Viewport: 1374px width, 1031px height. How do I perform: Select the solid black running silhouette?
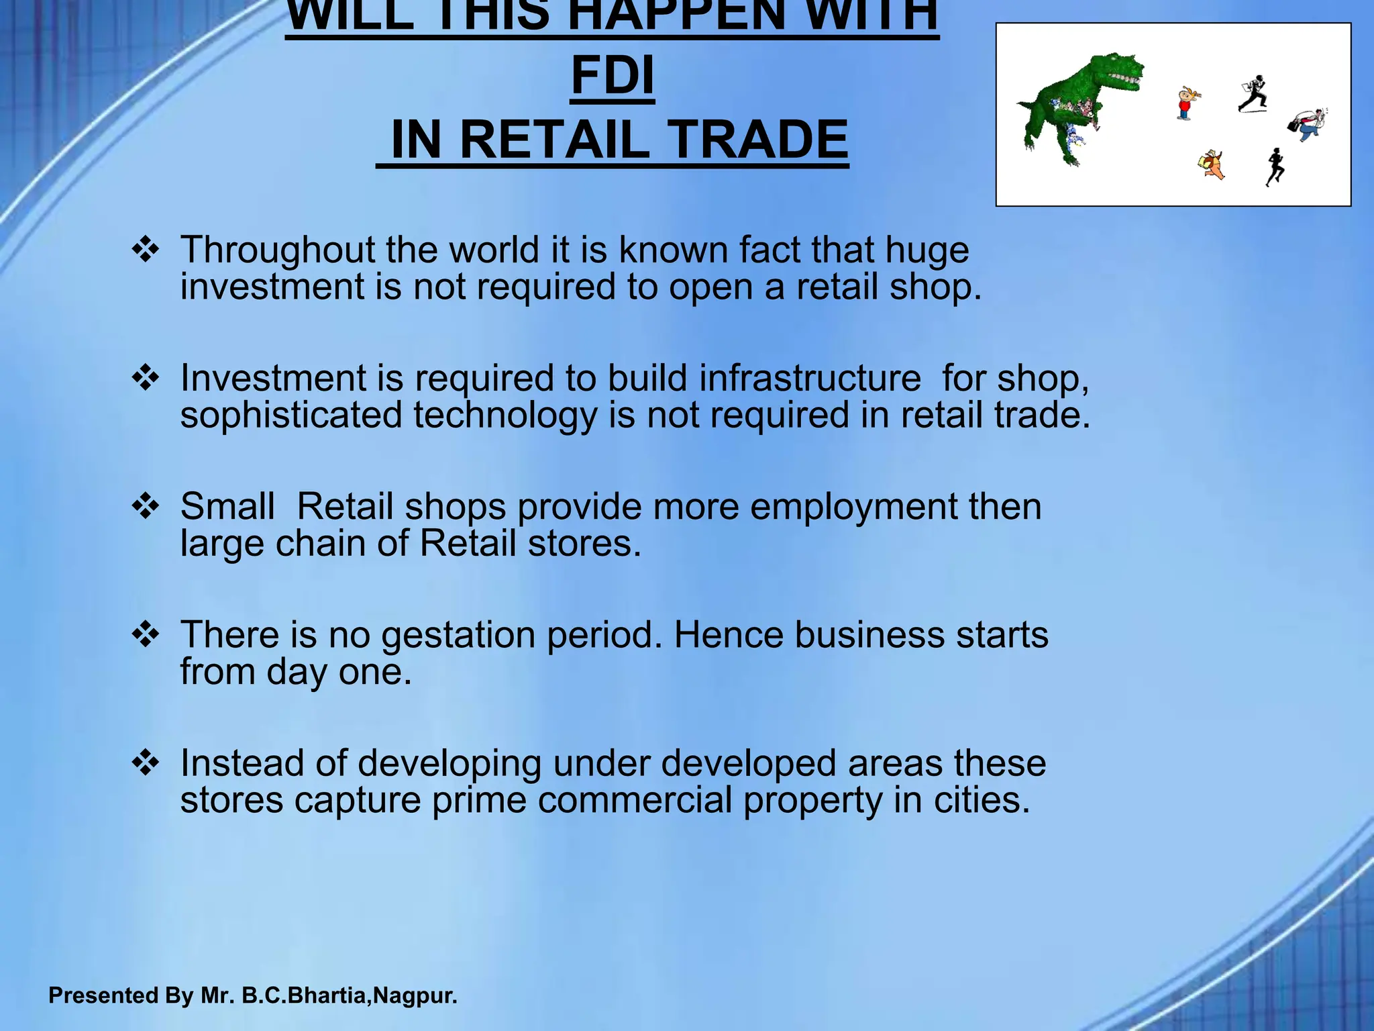pos(1275,166)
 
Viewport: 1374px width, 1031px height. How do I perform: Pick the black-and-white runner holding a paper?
pos(1253,94)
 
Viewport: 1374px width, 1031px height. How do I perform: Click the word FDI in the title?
pos(613,76)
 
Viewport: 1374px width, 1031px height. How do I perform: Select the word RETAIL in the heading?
pos(555,140)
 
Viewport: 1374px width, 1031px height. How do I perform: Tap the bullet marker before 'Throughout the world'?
pos(146,250)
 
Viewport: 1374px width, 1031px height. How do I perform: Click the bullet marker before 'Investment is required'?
pos(146,379)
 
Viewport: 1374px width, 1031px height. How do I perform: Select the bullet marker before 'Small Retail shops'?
pos(146,507)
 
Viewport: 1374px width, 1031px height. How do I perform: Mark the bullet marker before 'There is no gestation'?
pos(146,635)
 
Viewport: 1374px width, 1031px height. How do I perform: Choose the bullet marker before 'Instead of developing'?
pos(146,764)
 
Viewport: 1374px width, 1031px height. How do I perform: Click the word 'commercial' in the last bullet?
pos(634,800)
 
